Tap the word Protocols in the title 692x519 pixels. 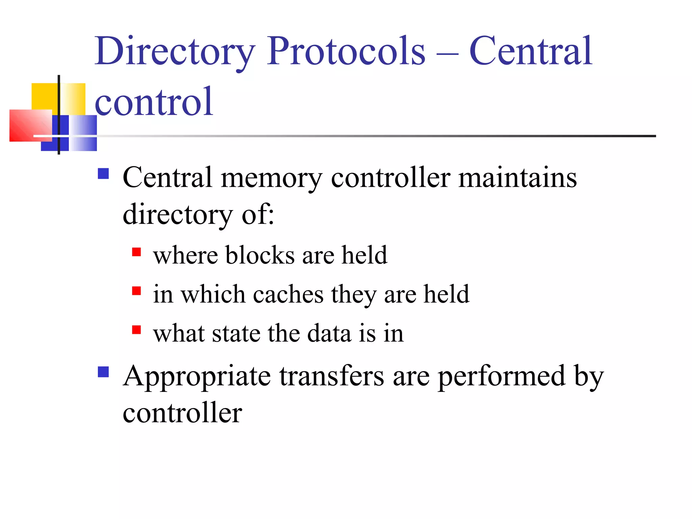pos(346,51)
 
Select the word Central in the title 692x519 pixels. pos(530,51)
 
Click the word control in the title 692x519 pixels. pos(154,101)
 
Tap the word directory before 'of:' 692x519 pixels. pos(178,215)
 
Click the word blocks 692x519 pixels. pos(260,255)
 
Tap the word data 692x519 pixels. pos(329,333)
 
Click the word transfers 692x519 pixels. pos(331,376)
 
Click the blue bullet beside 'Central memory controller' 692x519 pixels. pos(103,174)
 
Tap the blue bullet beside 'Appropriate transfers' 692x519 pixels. pos(103,372)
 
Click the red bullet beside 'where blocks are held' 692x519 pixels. pos(137,252)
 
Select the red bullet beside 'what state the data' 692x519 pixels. pos(137,330)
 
